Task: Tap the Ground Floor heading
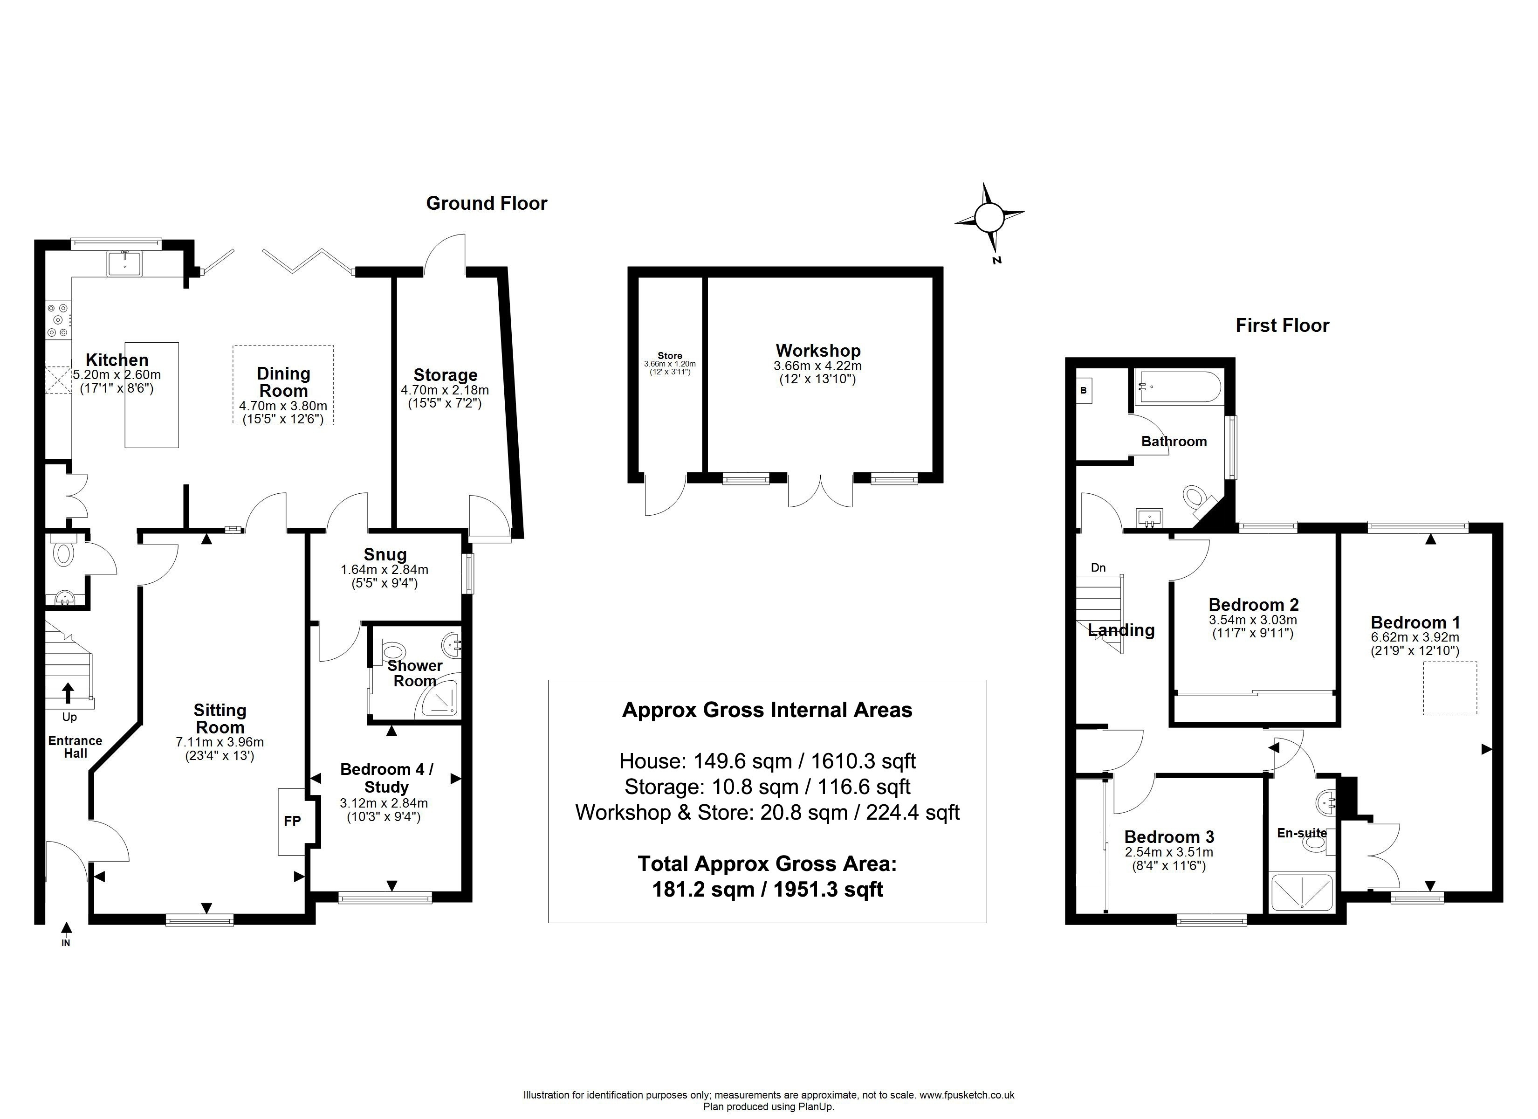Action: pyautogui.click(x=486, y=204)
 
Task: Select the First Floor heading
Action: pyautogui.click(x=1282, y=326)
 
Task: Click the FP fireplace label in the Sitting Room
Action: pyautogui.click(x=292, y=821)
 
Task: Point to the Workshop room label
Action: pyautogui.click(x=818, y=351)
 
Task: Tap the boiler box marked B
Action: pyautogui.click(x=1084, y=391)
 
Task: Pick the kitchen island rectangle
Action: pyautogui.click(x=152, y=395)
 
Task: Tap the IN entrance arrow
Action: pyautogui.click(x=66, y=928)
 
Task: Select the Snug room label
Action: pyautogui.click(x=384, y=554)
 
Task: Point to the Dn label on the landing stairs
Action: pyautogui.click(x=1098, y=568)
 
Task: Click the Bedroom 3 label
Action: pyautogui.click(x=1169, y=837)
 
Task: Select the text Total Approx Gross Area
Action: pyautogui.click(x=767, y=864)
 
